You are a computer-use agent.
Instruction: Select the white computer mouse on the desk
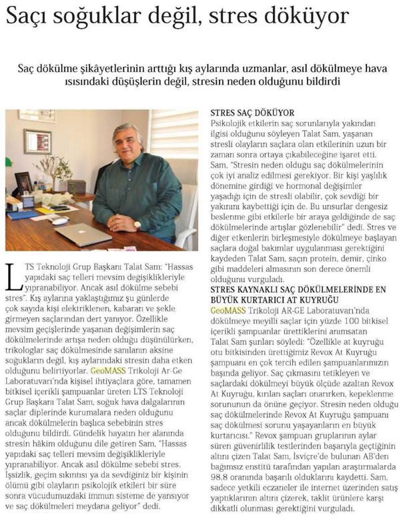click(x=59, y=221)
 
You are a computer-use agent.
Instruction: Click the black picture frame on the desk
click(x=24, y=182)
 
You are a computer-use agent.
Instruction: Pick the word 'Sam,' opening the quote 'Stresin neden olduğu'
click(x=218, y=164)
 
